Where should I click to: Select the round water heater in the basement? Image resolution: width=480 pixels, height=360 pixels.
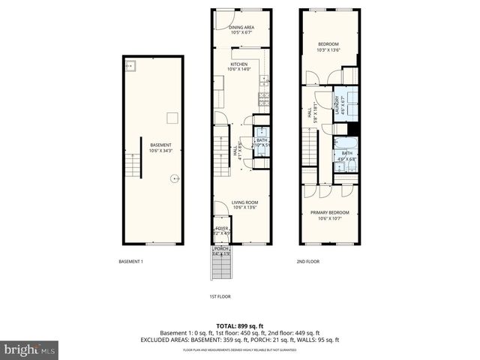pyautogui.click(x=175, y=178)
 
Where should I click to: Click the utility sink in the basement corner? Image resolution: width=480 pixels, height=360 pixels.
pyautogui.click(x=130, y=66)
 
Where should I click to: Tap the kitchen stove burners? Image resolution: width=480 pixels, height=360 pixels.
pyautogui.click(x=264, y=97)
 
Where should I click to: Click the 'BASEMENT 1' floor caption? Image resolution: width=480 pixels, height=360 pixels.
pyautogui.click(x=130, y=262)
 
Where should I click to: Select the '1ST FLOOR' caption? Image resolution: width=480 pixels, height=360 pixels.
pyautogui.click(x=220, y=296)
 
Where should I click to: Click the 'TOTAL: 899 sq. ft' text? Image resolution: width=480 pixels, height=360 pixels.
pyautogui.click(x=239, y=325)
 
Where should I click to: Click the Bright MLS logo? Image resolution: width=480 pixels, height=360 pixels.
pyautogui.click(x=30, y=349)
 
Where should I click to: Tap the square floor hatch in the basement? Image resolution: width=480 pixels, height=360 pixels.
pyautogui.click(x=172, y=116)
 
